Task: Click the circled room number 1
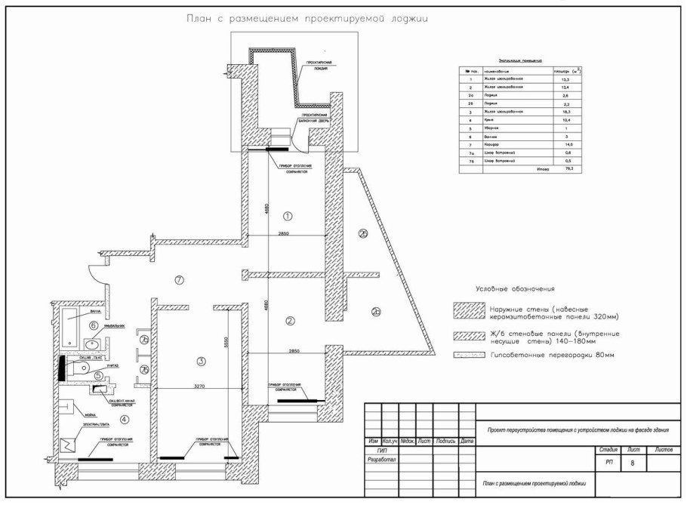click(x=287, y=216)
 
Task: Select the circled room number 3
click(x=200, y=362)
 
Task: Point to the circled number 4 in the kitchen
click(x=125, y=420)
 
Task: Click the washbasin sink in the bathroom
click(x=93, y=345)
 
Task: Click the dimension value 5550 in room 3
click(x=226, y=341)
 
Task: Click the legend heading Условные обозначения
click(x=515, y=289)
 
